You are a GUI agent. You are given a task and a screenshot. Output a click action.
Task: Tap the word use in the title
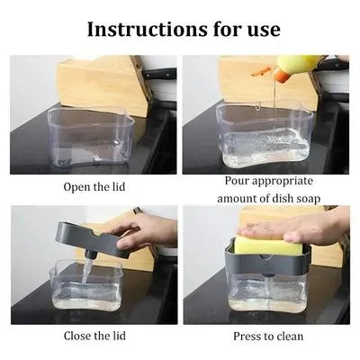coord(262,29)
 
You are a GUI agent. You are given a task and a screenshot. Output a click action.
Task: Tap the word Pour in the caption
coord(238,180)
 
